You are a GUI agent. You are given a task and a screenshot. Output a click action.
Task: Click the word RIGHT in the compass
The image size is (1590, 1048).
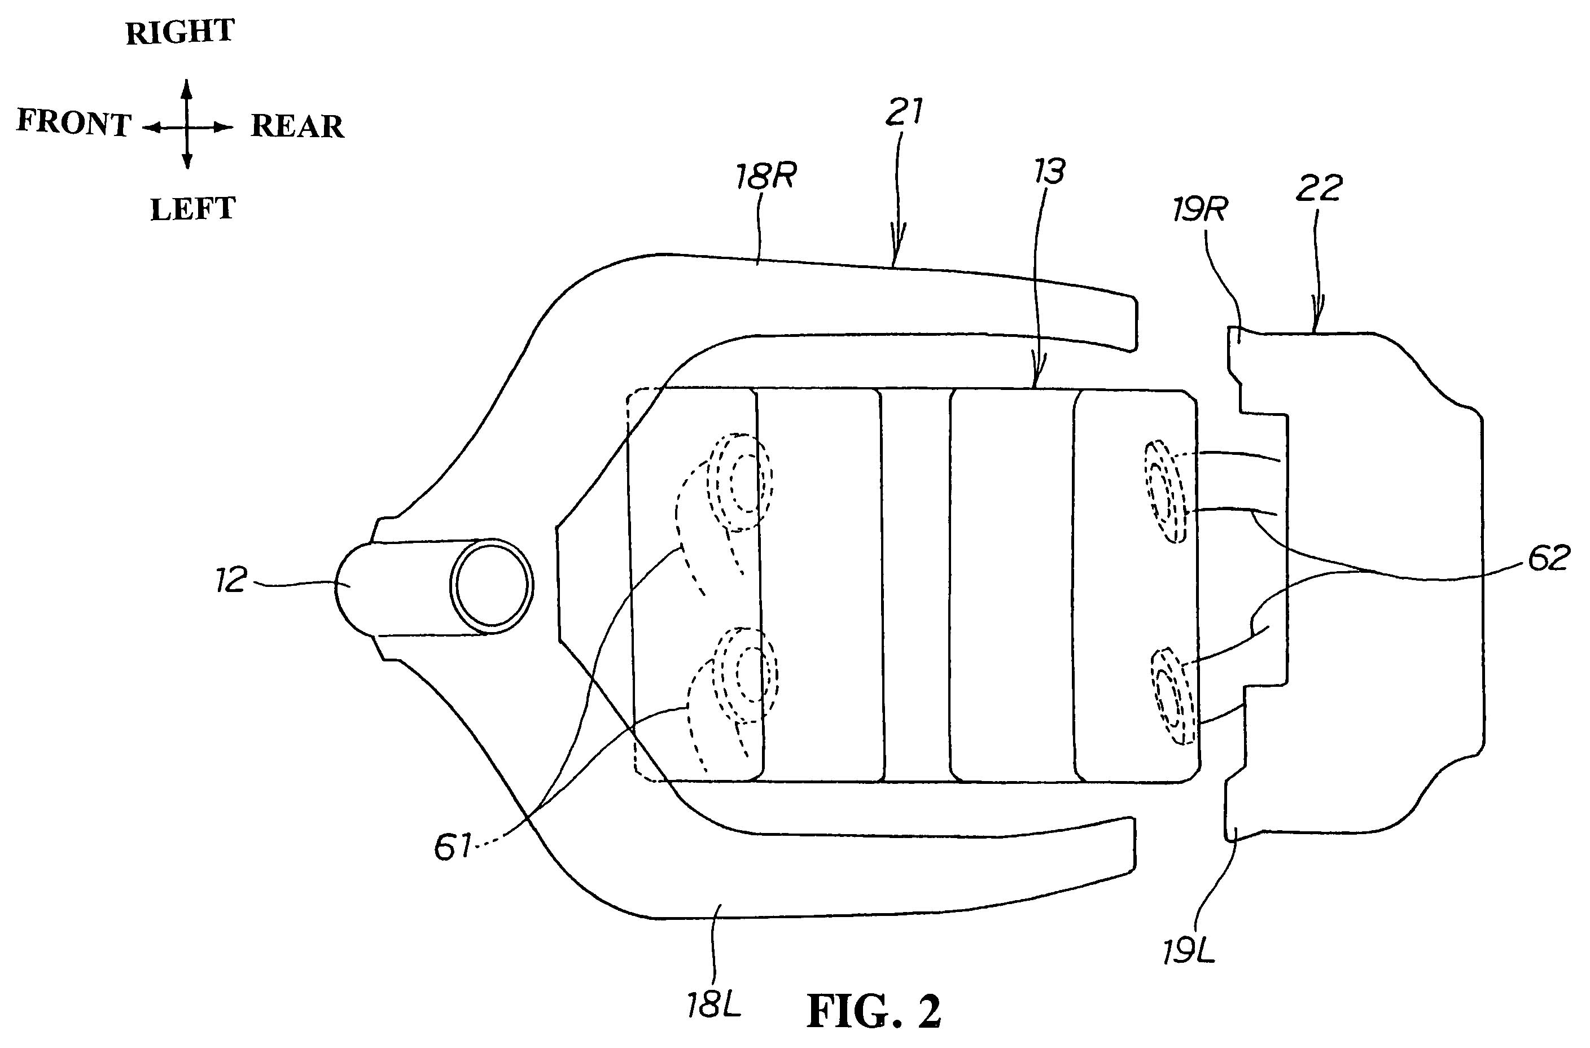pos(181,32)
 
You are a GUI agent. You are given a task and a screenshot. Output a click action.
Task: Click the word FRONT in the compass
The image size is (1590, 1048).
pos(73,123)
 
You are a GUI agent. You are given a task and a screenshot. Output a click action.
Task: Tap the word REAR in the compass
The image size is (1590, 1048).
pos(297,126)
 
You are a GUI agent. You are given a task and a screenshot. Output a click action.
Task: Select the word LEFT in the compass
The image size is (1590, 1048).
pos(192,209)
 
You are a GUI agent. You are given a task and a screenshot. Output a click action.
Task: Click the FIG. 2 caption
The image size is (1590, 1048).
pos(874,1011)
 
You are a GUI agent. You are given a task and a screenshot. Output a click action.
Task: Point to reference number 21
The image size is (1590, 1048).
pos(904,112)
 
